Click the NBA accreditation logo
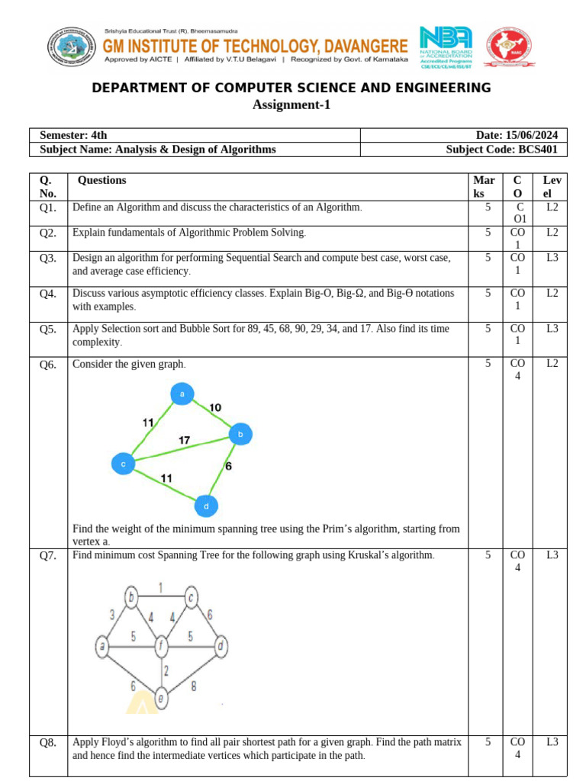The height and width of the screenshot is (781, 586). coord(446,47)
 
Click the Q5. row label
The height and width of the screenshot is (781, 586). coord(48,329)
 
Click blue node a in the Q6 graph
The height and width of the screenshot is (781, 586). coord(182,394)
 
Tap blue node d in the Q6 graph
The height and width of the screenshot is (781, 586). coord(205,506)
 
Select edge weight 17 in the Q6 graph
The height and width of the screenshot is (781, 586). coord(185,440)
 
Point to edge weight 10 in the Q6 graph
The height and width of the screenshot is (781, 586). coord(215,408)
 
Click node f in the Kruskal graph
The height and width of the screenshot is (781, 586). coord(161,647)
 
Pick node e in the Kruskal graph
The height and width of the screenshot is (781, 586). coord(161,696)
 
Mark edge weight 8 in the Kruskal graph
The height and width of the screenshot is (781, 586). coord(194,686)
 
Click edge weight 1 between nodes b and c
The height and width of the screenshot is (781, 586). coord(161,586)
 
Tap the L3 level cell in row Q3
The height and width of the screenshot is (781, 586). coord(552,259)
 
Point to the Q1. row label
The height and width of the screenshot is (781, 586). coord(48,207)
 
